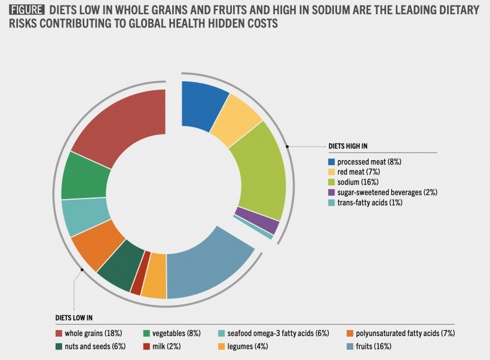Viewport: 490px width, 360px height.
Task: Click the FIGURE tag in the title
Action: point(26,10)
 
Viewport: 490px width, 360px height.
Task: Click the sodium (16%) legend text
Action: point(358,182)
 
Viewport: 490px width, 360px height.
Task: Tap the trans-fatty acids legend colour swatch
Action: point(331,203)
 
